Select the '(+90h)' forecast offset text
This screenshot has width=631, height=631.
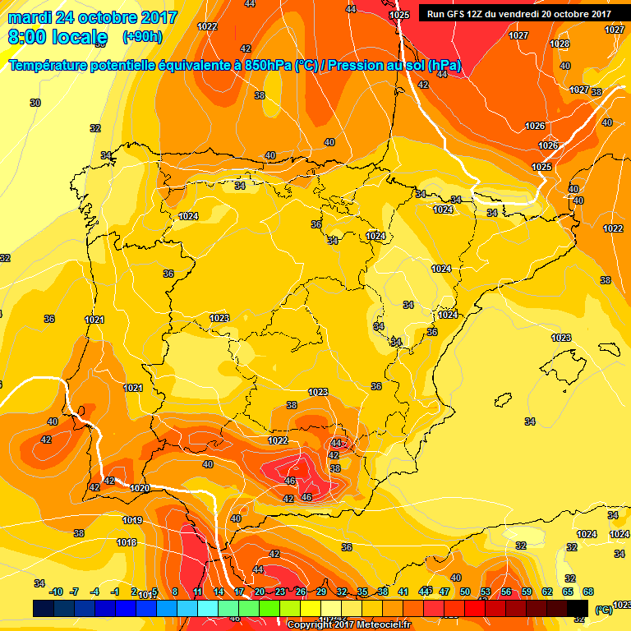coord(142,37)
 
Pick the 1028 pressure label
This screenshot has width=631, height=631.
coord(560,44)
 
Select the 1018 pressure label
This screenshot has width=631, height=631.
coord(127,542)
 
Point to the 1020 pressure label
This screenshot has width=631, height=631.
coord(140,488)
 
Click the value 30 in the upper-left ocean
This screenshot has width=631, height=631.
coord(35,103)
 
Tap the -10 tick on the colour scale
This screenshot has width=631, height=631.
coord(56,592)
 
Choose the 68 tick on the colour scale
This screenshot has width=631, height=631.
coord(588,592)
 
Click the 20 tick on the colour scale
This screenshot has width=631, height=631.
coord(260,592)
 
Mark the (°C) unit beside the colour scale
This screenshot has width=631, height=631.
coord(603,610)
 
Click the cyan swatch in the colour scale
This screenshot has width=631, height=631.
coord(208,608)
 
